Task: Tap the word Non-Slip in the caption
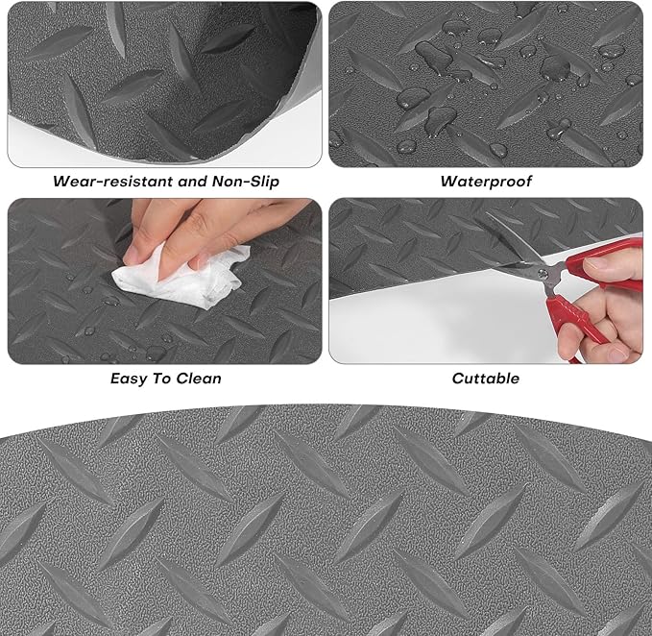(238, 180)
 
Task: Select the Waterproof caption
(485, 180)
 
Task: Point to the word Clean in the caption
(199, 378)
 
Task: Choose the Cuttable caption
(485, 378)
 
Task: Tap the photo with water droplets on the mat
(485, 84)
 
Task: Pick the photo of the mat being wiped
(164, 281)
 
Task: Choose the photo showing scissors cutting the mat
(485, 281)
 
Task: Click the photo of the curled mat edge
(164, 84)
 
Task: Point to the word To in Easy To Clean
(164, 378)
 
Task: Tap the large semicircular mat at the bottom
(326, 528)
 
